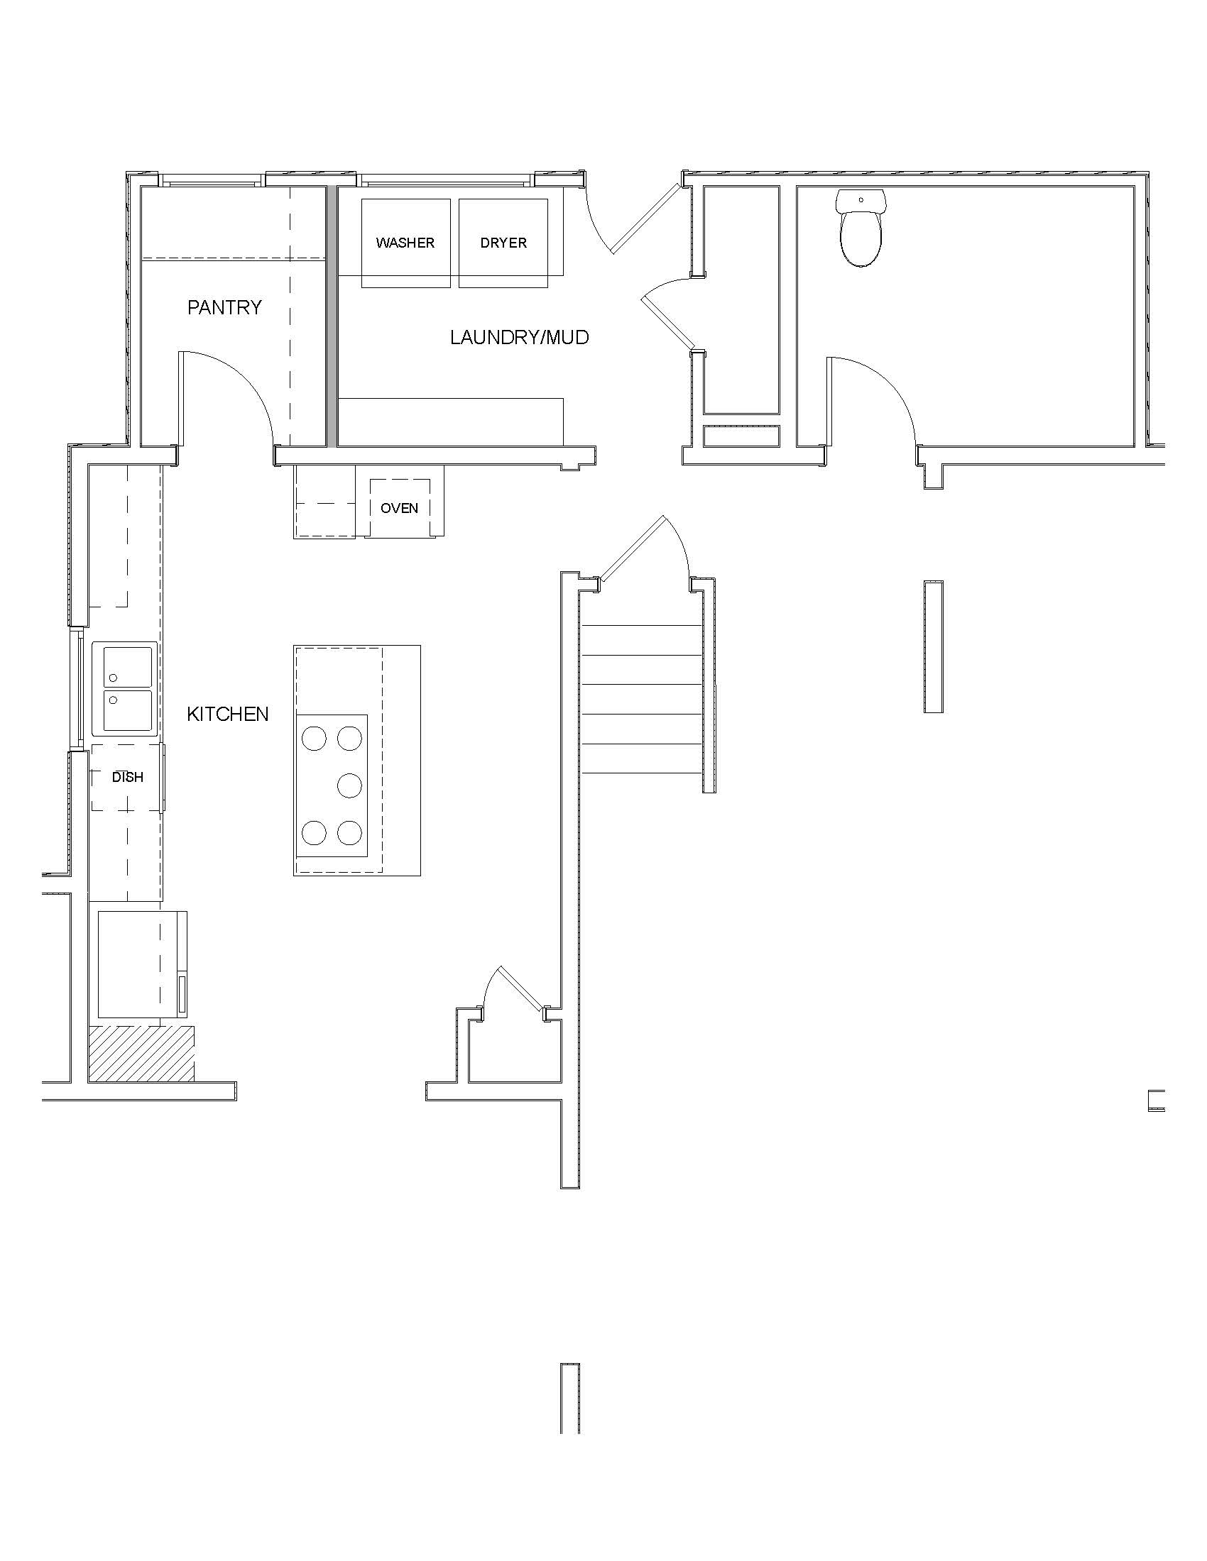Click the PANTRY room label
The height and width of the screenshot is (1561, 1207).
tap(224, 307)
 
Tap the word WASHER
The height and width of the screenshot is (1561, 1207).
tap(405, 243)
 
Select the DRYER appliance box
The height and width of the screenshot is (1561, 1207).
tap(503, 243)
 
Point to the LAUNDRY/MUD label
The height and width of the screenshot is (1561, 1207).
tap(520, 337)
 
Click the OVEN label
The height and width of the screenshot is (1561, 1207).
tap(400, 508)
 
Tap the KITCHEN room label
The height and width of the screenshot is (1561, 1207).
tap(228, 714)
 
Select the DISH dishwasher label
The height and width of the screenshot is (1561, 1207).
tap(127, 777)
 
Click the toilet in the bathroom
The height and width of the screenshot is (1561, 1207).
tap(861, 228)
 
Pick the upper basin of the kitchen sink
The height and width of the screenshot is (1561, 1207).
tap(128, 667)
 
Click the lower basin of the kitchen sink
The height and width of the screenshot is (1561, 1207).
tap(128, 710)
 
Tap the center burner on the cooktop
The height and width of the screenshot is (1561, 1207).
tap(349, 785)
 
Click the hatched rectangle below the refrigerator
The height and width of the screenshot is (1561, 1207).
tap(141, 1053)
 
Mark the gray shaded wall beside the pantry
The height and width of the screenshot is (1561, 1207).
tap(332, 316)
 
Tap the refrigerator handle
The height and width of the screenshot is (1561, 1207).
tap(182, 995)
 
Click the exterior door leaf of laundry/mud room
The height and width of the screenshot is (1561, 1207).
tap(644, 218)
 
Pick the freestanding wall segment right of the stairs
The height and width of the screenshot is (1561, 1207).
tap(933, 646)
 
